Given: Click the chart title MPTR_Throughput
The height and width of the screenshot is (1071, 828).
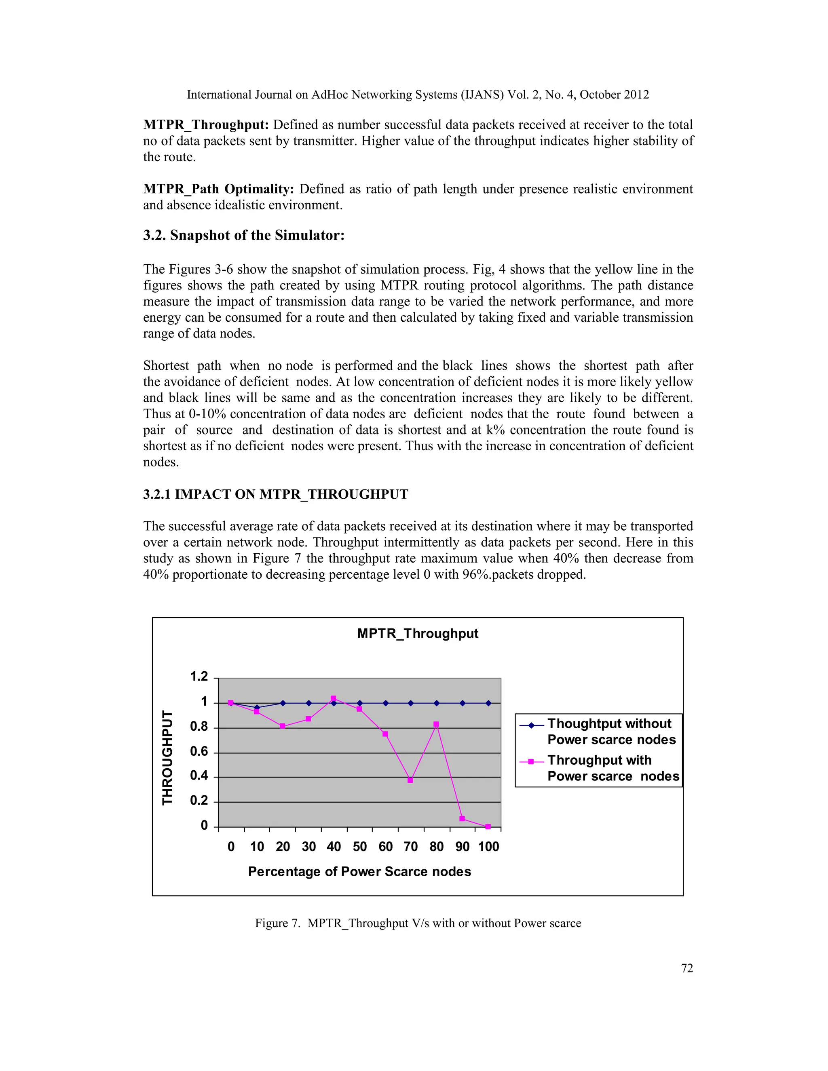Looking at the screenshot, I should click(417, 634).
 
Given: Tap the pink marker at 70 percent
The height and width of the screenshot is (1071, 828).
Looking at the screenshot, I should click(410, 780).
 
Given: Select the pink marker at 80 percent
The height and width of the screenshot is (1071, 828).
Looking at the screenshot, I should click(436, 724).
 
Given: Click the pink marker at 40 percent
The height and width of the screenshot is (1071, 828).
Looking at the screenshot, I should click(334, 698).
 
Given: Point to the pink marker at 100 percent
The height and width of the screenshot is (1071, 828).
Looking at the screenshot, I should click(488, 826).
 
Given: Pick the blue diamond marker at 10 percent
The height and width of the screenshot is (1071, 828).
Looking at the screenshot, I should click(257, 708).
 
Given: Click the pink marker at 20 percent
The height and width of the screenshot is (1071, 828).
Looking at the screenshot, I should click(282, 726).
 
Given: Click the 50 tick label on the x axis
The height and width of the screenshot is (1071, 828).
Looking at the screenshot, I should click(359, 847).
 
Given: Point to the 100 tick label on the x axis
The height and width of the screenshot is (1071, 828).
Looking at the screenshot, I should click(488, 847).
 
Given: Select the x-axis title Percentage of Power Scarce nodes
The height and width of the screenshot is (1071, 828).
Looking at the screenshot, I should click(359, 871).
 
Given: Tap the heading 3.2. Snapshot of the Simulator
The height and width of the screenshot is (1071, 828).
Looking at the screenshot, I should click(244, 235).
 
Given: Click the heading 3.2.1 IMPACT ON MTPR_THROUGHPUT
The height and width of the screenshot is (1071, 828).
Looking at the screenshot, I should click(275, 494).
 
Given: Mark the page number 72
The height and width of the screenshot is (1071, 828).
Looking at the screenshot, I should click(687, 968).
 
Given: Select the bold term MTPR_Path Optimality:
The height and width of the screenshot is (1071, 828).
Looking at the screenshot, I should click(218, 189).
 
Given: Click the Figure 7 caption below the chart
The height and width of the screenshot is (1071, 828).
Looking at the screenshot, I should click(417, 923).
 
